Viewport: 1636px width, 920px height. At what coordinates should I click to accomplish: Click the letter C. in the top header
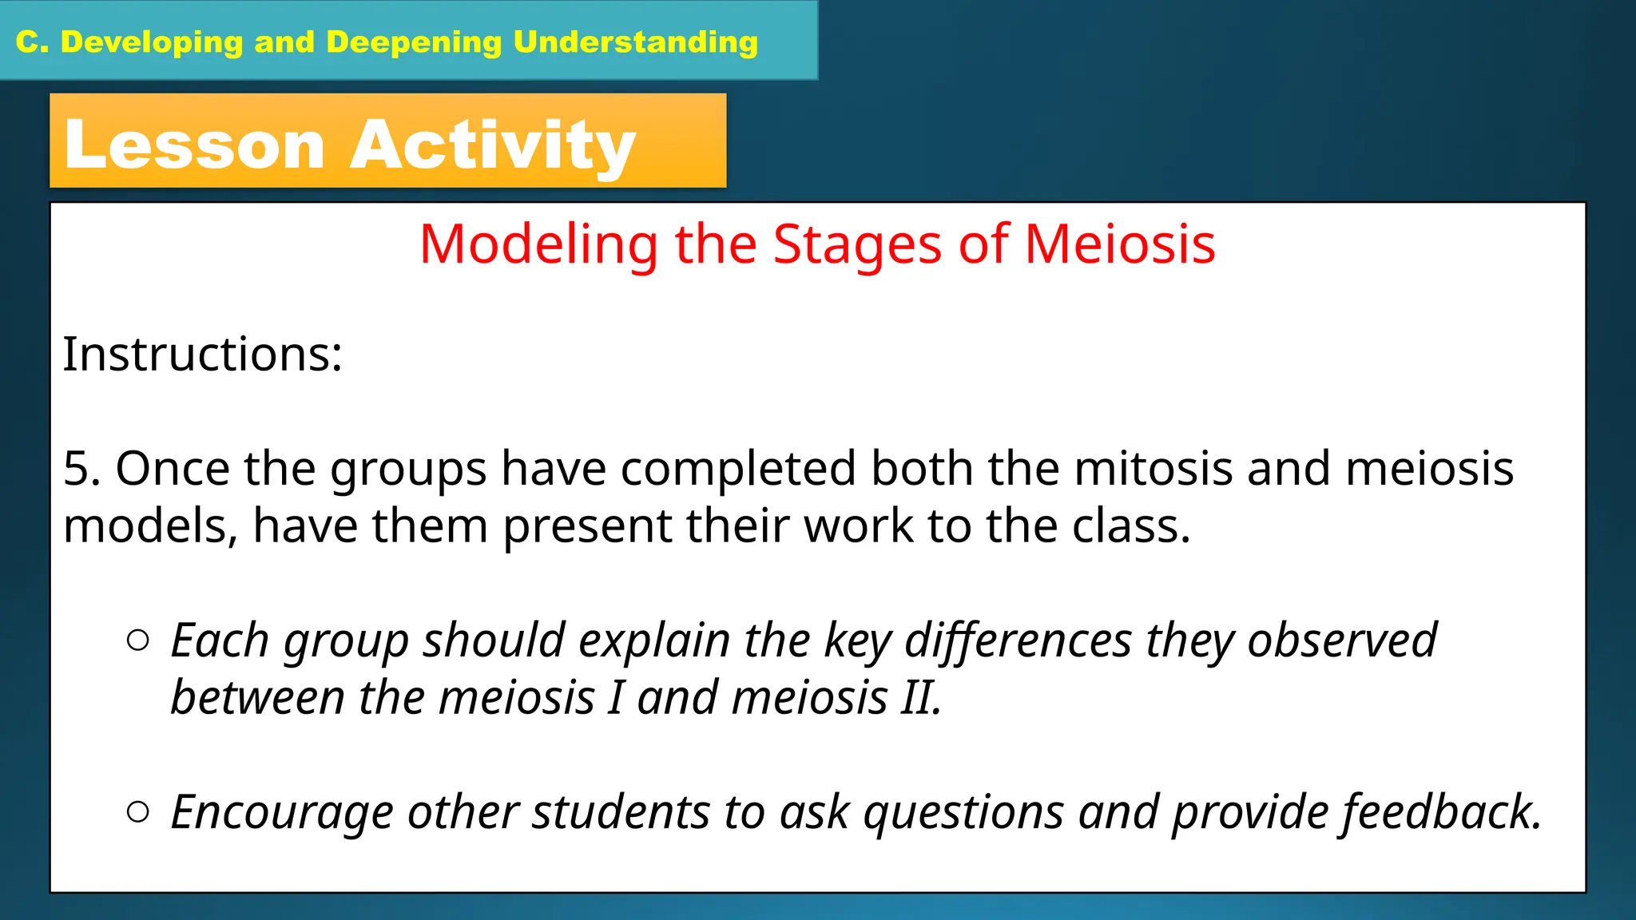coord(32,42)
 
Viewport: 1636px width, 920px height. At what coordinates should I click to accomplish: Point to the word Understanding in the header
coord(635,42)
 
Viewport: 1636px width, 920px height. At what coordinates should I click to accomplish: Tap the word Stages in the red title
coord(857,244)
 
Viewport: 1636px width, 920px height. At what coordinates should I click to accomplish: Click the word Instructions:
coord(202,354)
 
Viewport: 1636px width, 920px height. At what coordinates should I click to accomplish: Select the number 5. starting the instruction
coord(81,468)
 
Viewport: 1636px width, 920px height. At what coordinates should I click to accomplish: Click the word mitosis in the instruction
coord(1154,468)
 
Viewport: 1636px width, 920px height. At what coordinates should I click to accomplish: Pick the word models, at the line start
coord(150,526)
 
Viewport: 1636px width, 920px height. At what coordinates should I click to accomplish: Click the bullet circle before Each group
coord(138,640)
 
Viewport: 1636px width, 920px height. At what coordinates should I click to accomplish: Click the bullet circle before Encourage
coord(138,812)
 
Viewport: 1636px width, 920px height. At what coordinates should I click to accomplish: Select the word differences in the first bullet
coord(1018,640)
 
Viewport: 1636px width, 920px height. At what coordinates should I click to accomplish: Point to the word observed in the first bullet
coord(1341,640)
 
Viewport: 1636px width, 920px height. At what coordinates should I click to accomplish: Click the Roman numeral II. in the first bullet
coord(921,697)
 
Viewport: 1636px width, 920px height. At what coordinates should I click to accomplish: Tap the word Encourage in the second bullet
coord(282,812)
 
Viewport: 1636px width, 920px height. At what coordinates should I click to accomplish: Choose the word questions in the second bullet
coord(963,812)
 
